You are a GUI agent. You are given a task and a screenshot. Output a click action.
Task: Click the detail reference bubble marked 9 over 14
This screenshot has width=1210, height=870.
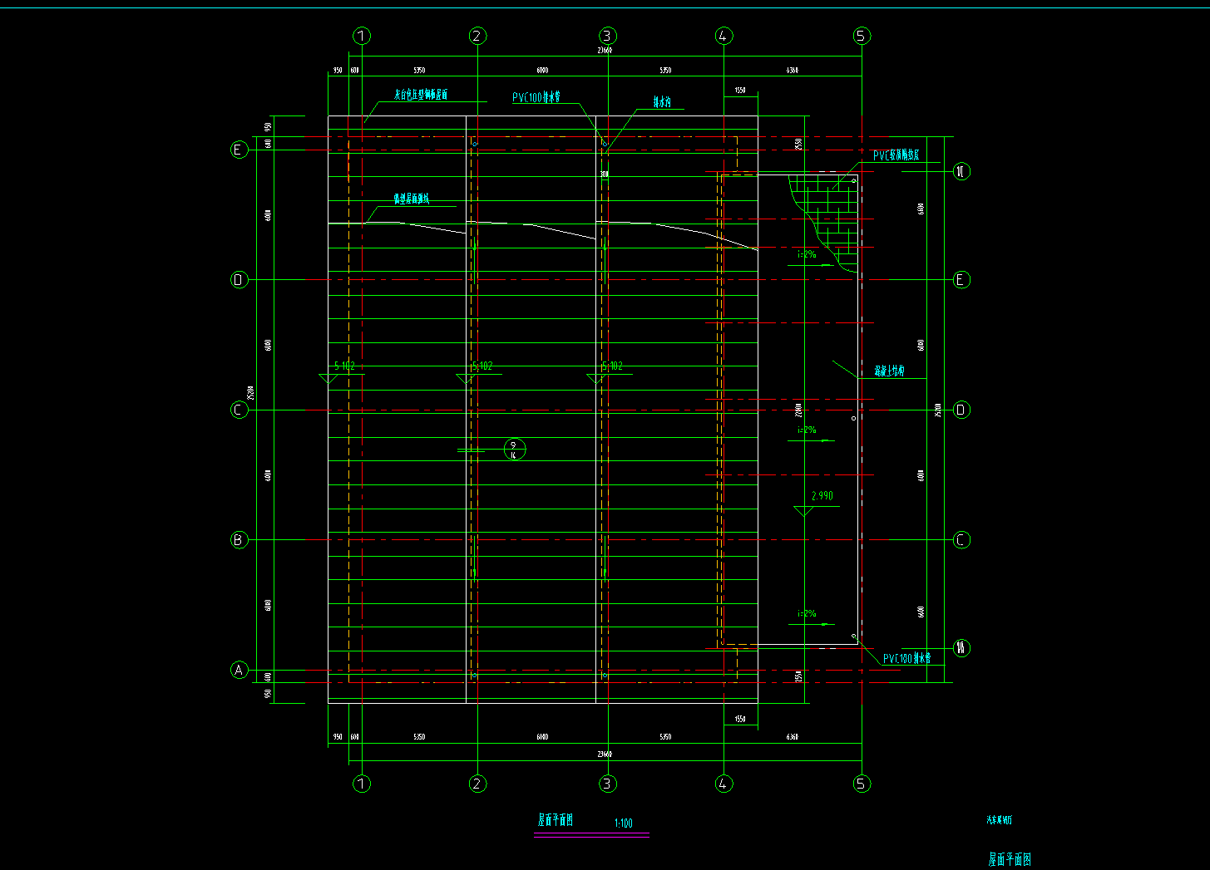click(515, 450)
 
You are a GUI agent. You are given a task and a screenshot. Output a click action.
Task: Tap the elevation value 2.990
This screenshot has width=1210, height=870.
click(822, 496)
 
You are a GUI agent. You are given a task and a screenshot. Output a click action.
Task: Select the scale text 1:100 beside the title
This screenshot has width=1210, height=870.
click(623, 823)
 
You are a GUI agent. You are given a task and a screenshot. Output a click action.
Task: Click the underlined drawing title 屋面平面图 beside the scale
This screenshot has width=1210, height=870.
click(556, 820)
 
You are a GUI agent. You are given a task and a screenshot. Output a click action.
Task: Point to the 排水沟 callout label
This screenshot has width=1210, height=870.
click(662, 102)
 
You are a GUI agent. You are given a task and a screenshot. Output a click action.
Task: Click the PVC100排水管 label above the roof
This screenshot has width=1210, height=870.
click(536, 98)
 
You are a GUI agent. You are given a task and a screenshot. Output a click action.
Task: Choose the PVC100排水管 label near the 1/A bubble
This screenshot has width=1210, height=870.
click(906, 659)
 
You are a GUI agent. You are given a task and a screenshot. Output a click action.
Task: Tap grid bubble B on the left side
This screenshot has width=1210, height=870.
click(239, 540)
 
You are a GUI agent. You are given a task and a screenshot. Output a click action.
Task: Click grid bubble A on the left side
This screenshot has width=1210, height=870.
click(239, 670)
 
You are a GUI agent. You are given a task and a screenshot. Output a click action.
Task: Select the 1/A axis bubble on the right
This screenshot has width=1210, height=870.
click(961, 648)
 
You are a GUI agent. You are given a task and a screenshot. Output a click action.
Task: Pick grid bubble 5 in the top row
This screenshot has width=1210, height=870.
click(862, 36)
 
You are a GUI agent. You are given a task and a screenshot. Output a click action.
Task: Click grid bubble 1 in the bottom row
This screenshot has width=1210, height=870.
click(362, 784)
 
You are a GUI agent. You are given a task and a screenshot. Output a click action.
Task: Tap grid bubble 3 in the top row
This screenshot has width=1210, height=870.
click(607, 36)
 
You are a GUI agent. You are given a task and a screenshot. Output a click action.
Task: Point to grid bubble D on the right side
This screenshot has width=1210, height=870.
click(961, 410)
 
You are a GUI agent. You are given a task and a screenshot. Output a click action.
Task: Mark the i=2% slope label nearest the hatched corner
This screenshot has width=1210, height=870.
click(807, 254)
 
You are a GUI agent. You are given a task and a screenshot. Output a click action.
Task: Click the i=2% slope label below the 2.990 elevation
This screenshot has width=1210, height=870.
click(807, 613)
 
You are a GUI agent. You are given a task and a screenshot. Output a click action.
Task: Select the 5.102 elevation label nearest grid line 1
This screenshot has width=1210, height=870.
click(344, 366)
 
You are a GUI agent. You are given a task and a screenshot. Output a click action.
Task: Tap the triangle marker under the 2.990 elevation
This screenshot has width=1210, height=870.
click(803, 510)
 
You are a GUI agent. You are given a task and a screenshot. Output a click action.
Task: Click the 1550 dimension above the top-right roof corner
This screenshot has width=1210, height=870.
click(740, 90)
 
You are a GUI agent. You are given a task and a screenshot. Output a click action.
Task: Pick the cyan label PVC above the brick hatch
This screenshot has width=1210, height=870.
click(896, 155)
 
